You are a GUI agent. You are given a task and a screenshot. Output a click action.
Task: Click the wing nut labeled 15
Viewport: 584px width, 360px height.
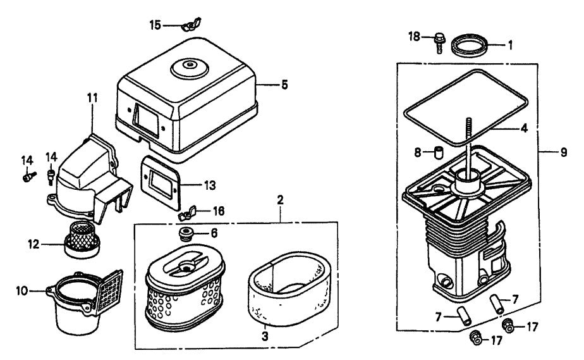(188, 25)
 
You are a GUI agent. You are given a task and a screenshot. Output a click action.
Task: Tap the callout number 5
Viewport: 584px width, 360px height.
(284, 84)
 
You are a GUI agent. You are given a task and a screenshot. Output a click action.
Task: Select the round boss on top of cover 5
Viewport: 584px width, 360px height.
(188, 66)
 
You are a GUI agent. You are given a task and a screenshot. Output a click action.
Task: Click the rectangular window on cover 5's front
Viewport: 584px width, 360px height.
(147, 118)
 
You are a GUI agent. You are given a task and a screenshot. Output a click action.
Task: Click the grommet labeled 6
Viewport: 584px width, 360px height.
(188, 233)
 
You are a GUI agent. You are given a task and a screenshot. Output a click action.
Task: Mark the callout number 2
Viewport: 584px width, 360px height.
(281, 199)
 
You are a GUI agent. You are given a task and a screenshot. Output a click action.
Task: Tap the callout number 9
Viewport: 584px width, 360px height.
(563, 152)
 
